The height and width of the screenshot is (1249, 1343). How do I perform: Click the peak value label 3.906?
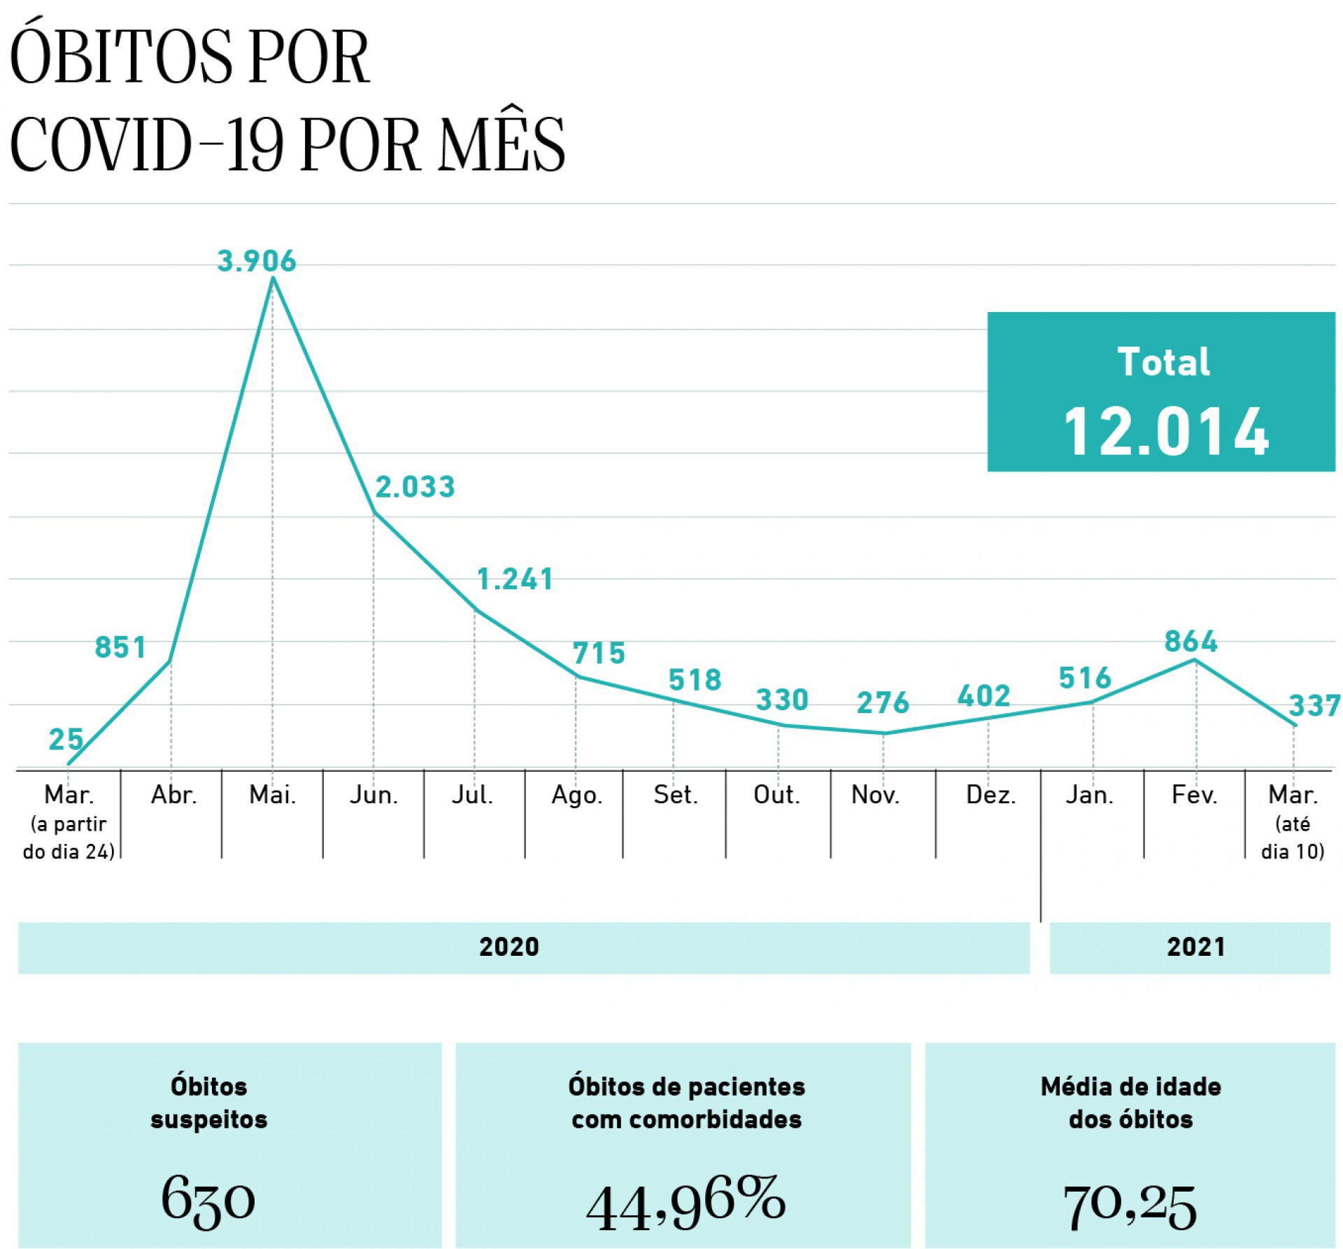coord(257,262)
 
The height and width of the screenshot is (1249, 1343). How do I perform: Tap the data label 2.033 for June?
coord(415,487)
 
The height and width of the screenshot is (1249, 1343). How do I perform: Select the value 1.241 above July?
coord(516,579)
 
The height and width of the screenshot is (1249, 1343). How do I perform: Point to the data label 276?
coord(883,703)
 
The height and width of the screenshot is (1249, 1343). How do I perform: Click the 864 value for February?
coord(1191,642)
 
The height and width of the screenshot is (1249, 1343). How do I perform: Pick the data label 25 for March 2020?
coord(66,740)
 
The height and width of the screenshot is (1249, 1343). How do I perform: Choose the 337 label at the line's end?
coord(1314,706)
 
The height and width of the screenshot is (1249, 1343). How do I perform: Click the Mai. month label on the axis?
coord(273,795)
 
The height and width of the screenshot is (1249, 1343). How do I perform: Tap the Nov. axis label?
coord(876,795)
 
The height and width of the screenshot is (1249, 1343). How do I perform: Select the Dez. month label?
coord(990,795)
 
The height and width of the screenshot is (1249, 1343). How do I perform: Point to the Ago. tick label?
coord(577,795)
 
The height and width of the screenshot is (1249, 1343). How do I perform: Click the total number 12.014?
coord(1165,432)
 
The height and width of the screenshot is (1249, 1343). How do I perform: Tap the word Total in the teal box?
coord(1164,362)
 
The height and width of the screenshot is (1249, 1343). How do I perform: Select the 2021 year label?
coord(1195,947)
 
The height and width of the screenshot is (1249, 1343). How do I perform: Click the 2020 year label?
coord(509,947)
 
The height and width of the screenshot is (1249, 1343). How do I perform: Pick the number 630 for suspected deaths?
coord(208,1201)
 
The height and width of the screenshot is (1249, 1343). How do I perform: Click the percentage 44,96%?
coord(685,1201)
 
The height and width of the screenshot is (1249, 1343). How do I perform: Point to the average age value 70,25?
coord(1130,1205)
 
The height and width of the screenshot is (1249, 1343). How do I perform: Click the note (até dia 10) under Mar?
coord(1293,838)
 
